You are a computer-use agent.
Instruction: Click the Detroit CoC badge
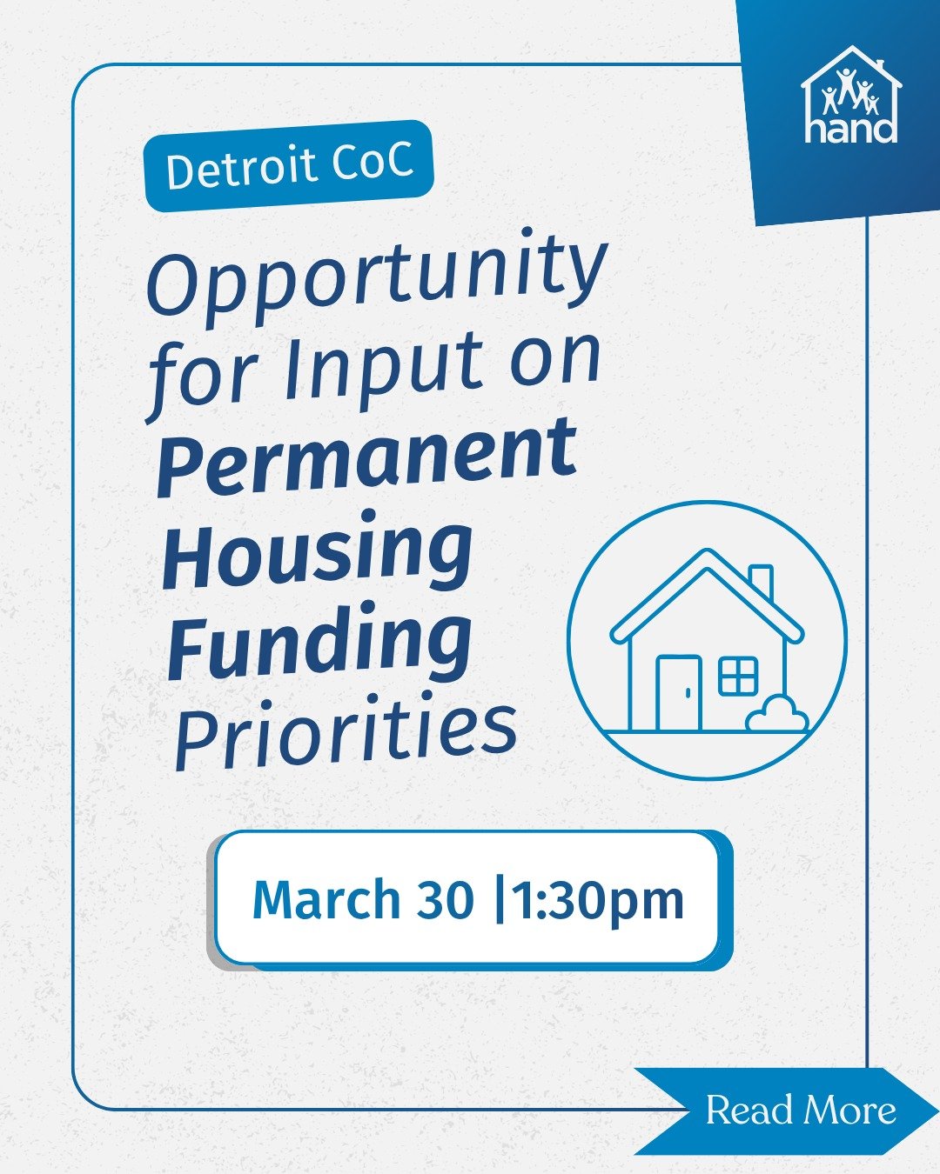pyautogui.click(x=288, y=165)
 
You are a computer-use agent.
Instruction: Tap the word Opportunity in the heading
pyautogui.click(x=376, y=274)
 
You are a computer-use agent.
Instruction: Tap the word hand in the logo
pyautogui.click(x=850, y=130)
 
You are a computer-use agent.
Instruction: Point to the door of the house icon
pyautogui.click(x=679, y=693)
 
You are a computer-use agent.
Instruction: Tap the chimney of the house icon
pyautogui.click(x=761, y=581)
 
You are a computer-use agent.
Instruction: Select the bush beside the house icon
pyautogui.click(x=776, y=716)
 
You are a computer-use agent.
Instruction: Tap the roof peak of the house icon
pyautogui.click(x=708, y=555)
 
